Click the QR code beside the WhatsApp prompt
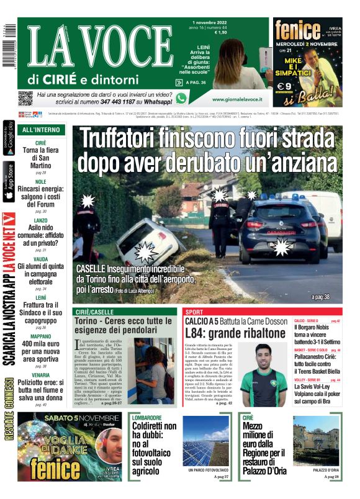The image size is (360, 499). pos(25,97)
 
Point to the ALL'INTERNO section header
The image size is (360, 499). pos(41,130)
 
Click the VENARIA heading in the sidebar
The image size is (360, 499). pos(40,375)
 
